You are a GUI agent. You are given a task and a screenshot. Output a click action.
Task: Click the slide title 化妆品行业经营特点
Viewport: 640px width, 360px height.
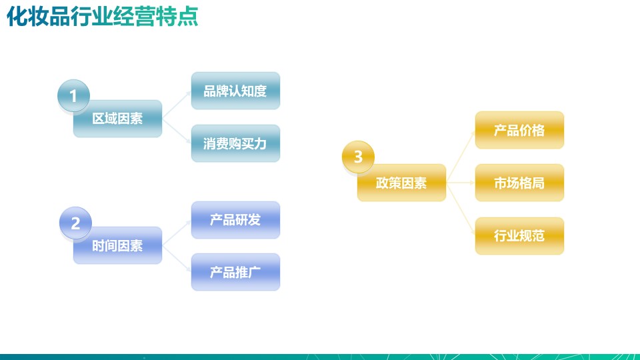(103, 17)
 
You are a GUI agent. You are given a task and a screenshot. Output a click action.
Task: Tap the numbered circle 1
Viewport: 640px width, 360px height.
(73, 95)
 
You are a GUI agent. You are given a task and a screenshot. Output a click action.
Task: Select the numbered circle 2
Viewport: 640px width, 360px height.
(75, 223)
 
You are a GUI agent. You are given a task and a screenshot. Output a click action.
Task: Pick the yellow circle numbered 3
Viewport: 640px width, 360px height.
(358, 157)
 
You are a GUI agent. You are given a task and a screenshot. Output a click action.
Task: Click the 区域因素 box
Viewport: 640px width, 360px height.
(117, 119)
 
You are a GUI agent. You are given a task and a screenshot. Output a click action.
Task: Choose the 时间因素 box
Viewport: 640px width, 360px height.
(117, 245)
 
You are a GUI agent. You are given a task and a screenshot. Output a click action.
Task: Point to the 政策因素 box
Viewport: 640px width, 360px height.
(401, 183)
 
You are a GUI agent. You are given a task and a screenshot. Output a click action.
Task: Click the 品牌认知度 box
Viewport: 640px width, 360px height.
(235, 91)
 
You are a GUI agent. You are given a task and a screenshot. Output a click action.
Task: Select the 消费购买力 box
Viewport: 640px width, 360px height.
(235, 143)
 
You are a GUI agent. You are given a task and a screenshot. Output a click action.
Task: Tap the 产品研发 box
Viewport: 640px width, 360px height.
(235, 220)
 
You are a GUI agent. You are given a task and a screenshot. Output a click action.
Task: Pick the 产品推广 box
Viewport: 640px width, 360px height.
(235, 272)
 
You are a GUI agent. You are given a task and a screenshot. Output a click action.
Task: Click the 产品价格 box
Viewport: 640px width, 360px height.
(519, 130)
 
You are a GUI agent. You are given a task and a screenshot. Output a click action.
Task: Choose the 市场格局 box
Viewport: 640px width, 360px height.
(519, 183)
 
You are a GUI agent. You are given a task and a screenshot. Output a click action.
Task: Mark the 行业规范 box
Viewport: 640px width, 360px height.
(519, 235)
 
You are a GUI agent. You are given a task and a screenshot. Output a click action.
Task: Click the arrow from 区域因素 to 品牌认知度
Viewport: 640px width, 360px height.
(177, 105)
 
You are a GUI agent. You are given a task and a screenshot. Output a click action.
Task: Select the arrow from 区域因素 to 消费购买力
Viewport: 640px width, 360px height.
(177, 131)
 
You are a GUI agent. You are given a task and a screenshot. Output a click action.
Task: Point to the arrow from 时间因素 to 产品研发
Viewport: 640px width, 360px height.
(177, 233)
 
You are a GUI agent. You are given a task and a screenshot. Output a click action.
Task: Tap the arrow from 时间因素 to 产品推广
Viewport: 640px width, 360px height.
(177, 259)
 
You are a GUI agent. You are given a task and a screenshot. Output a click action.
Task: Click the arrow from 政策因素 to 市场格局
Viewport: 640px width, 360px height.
(461, 183)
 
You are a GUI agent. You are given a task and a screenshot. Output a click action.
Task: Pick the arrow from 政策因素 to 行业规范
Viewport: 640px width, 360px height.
(461, 209)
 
